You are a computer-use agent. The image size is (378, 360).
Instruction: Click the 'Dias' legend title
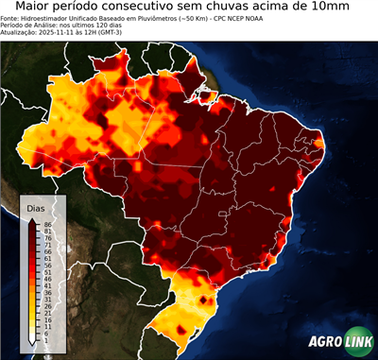(x=36, y=207)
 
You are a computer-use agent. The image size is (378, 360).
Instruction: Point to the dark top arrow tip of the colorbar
(x=32, y=219)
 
